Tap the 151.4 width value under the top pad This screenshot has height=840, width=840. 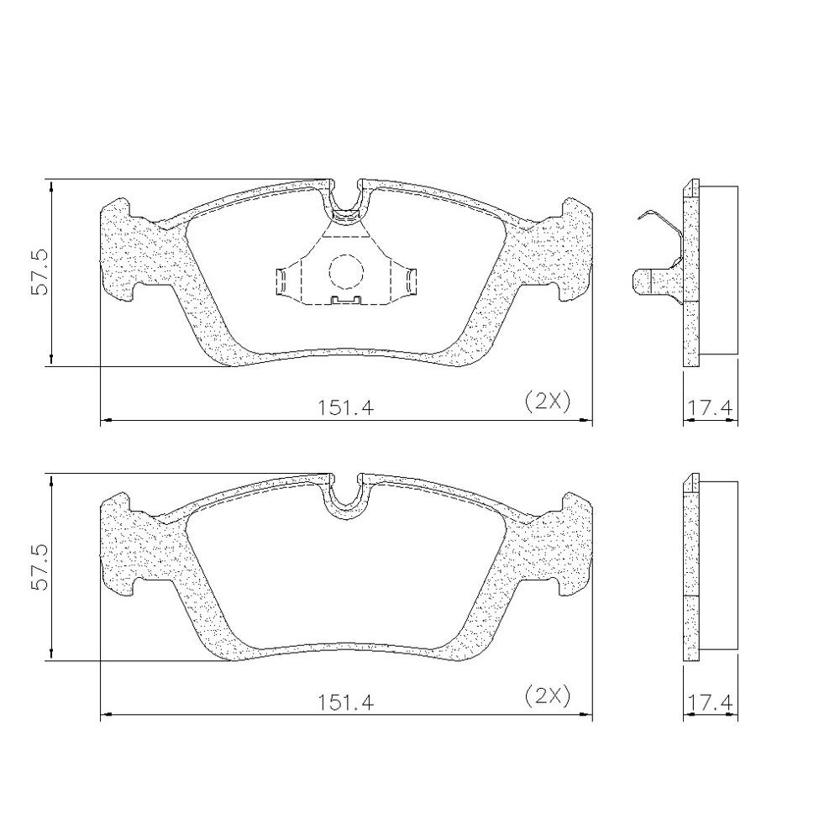[x=344, y=407]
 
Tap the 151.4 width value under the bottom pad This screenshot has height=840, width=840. [x=344, y=701]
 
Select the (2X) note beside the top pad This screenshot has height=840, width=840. [x=547, y=401]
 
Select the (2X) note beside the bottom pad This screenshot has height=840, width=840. [x=547, y=696]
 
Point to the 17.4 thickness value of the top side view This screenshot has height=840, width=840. [x=711, y=407]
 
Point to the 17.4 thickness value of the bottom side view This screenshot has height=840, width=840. [x=711, y=702]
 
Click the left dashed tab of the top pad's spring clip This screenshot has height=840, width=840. [x=286, y=281]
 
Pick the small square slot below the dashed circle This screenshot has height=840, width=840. [x=345, y=299]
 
